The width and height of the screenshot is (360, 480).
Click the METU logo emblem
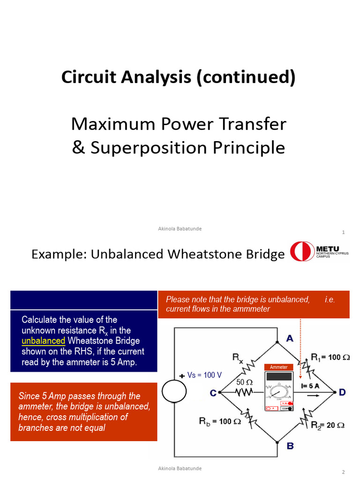pyautogui.click(x=302, y=252)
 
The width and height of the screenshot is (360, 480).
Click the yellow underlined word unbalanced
pyautogui.click(x=43, y=340)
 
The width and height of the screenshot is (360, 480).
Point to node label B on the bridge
pyautogui.click(x=290, y=445)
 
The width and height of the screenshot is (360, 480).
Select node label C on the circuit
pyautogui.click(x=213, y=393)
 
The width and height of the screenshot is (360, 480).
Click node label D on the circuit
pyautogui.click(x=343, y=392)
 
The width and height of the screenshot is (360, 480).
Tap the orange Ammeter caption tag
pyautogui.click(x=279, y=367)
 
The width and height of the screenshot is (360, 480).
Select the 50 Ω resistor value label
pyautogui.click(x=244, y=382)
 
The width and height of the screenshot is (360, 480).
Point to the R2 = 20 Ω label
pyautogui.click(x=328, y=425)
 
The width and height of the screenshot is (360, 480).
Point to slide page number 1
pyautogui.click(x=344, y=232)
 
